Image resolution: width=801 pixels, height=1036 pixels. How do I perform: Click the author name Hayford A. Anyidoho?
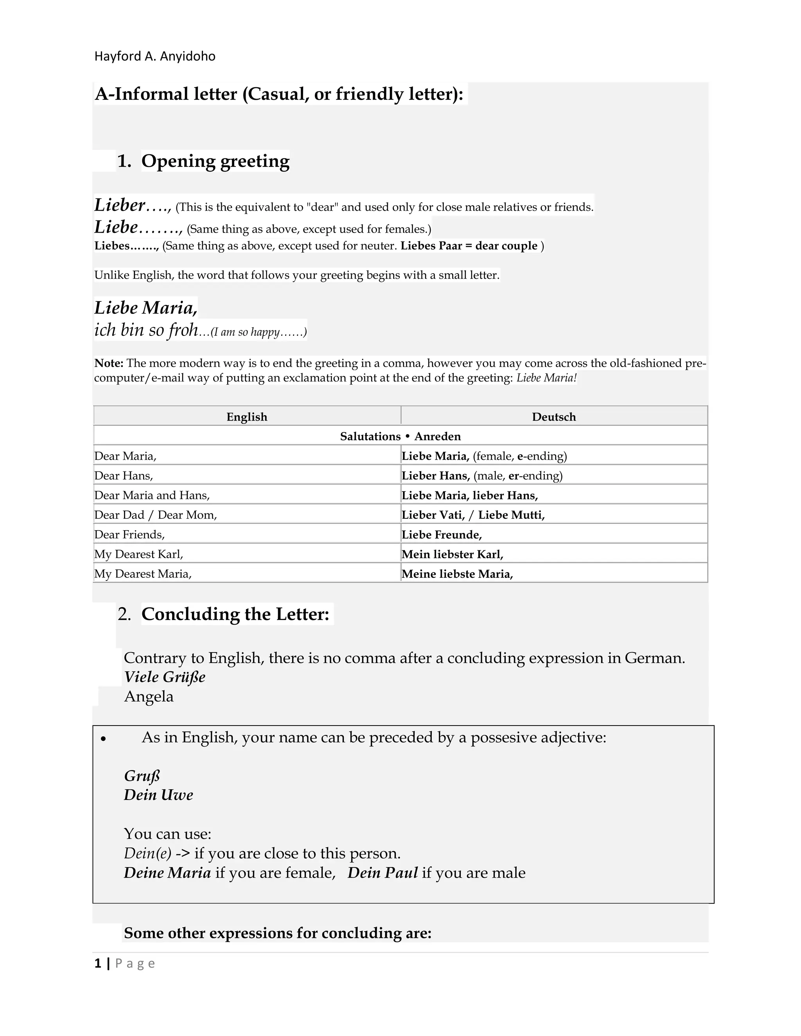pyautogui.click(x=155, y=56)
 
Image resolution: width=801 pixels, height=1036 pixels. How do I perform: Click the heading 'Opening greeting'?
pyautogui.click(x=215, y=161)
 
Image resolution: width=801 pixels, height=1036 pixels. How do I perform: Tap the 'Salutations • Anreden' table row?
pyautogui.click(x=400, y=436)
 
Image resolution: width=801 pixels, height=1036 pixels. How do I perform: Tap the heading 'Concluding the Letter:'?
pyautogui.click(x=235, y=614)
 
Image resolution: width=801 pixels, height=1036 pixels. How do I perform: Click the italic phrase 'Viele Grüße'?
pyautogui.click(x=165, y=677)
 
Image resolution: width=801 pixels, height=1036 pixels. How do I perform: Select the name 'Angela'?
pyautogui.click(x=149, y=696)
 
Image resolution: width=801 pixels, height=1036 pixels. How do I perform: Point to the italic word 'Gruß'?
pyautogui.click(x=142, y=776)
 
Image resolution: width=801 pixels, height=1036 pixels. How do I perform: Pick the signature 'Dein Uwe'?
pyautogui.click(x=158, y=795)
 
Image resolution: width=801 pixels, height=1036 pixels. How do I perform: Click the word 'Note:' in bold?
pyautogui.click(x=109, y=363)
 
